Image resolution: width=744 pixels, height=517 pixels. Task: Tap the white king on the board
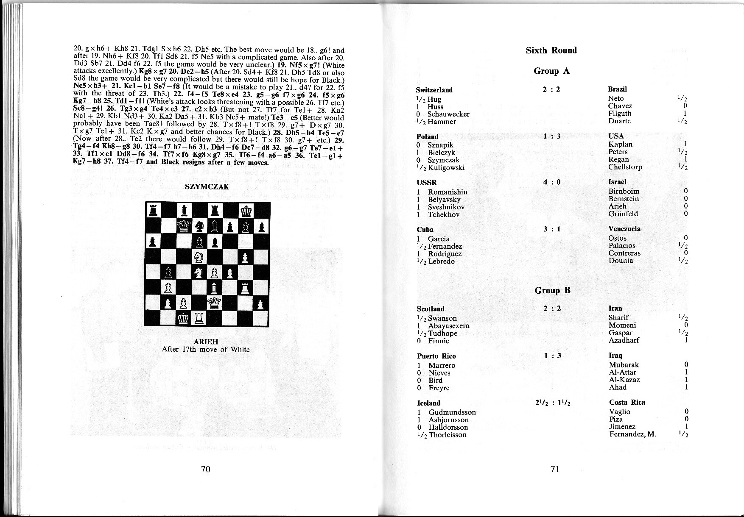pyautogui.click(x=184, y=318)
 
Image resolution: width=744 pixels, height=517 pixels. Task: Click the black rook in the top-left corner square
pyautogui.click(x=153, y=211)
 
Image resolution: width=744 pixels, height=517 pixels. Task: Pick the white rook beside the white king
pyautogui.click(x=199, y=318)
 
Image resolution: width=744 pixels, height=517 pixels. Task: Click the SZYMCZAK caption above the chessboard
pyautogui.click(x=207, y=186)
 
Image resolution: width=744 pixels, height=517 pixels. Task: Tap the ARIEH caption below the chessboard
pyautogui.click(x=206, y=342)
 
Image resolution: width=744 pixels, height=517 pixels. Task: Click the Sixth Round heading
pyautogui.click(x=551, y=50)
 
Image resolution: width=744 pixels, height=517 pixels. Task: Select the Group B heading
pyautogui.click(x=552, y=290)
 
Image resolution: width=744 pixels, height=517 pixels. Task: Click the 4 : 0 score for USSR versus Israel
pyautogui.click(x=552, y=182)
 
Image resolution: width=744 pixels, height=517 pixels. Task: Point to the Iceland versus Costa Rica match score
pyautogui.click(x=553, y=403)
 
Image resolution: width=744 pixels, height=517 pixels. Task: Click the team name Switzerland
pyautogui.click(x=434, y=90)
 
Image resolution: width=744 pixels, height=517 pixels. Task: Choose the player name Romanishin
pyautogui.click(x=448, y=192)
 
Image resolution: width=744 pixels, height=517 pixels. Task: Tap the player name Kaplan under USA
pyautogui.click(x=620, y=144)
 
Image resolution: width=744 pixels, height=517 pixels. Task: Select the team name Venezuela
pyautogui.click(x=624, y=229)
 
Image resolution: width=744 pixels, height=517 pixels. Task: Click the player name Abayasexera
pyautogui.click(x=448, y=326)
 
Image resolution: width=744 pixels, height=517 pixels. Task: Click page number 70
pyautogui.click(x=206, y=469)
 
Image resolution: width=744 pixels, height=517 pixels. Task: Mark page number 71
pyautogui.click(x=555, y=469)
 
